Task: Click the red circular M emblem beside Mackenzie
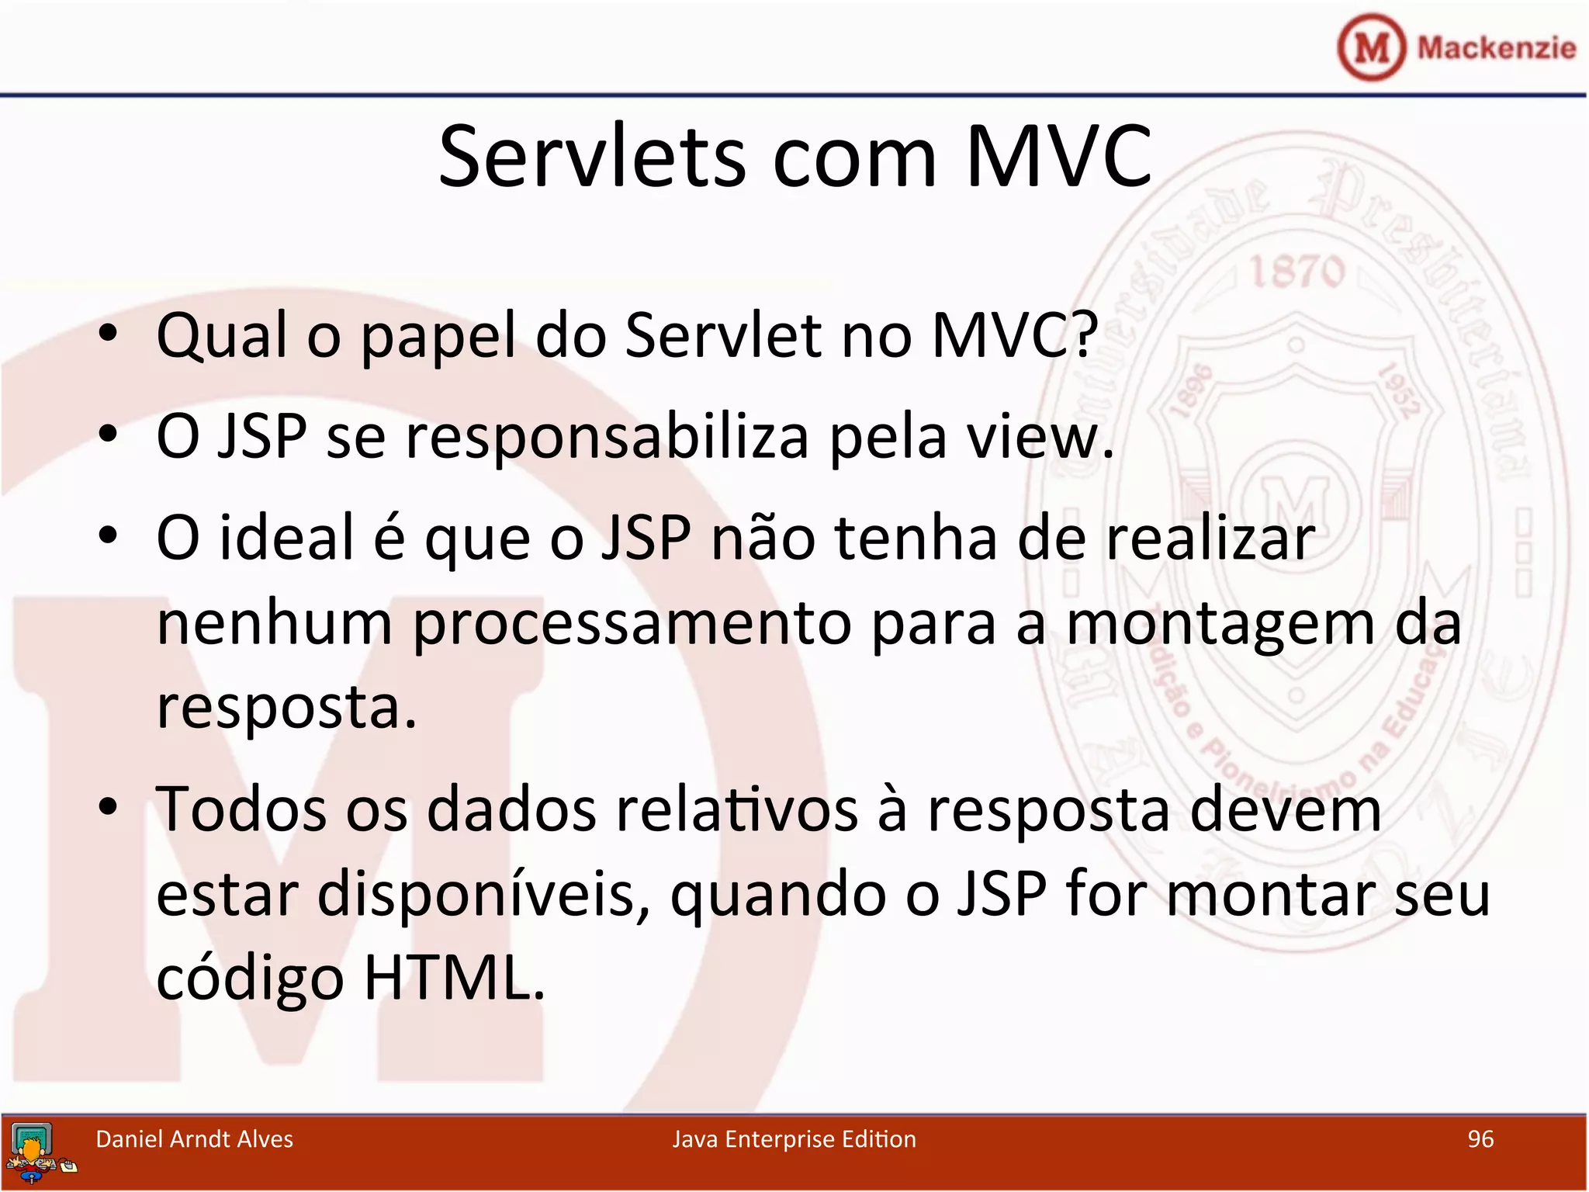1371,47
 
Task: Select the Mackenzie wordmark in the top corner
1496,48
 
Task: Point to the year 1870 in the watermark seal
1297,272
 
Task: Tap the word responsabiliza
608,438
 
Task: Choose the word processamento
632,625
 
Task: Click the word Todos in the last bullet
241,809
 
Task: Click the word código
250,979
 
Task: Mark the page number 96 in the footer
1480,1139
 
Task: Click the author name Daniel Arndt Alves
194,1139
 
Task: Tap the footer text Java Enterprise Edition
794,1139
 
